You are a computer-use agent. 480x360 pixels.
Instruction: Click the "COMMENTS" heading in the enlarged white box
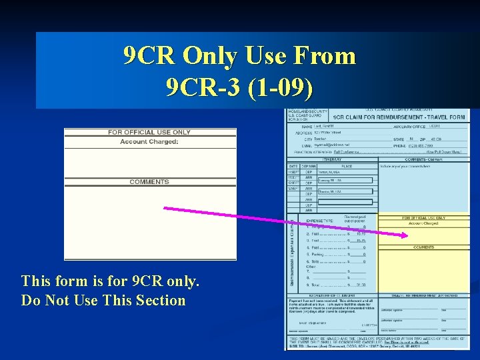[x=149, y=182]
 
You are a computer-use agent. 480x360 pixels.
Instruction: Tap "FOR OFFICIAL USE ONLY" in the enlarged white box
[x=149, y=132]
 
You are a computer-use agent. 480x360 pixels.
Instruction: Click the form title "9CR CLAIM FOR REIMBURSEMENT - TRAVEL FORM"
[x=399, y=117]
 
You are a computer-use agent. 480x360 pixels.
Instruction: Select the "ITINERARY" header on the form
[x=331, y=159]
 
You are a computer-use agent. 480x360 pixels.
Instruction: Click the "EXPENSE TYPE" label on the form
[x=319, y=219]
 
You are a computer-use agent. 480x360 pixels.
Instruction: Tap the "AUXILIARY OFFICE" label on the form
[x=408, y=125]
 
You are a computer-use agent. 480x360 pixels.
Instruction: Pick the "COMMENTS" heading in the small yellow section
[x=424, y=247]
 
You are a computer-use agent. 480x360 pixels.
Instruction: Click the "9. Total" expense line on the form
[x=315, y=285]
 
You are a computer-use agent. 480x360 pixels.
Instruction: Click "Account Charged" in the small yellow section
[x=423, y=223]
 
